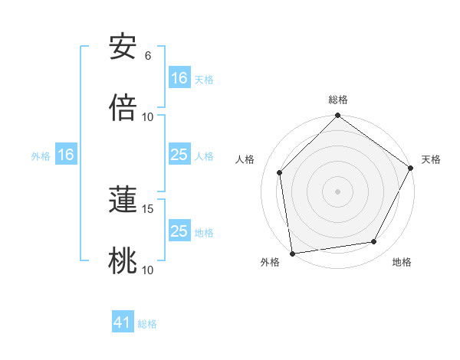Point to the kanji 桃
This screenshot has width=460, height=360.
pyautogui.click(x=123, y=260)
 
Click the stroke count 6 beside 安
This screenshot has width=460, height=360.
pyautogui.click(x=148, y=56)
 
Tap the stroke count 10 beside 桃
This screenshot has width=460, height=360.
pyautogui.click(x=148, y=270)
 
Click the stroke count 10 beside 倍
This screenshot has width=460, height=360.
pyautogui.click(x=148, y=117)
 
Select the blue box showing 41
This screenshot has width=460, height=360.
pyautogui.click(x=123, y=323)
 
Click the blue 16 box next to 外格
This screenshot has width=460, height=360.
pyautogui.click(x=66, y=155)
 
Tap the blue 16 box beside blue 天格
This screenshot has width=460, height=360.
pyautogui.click(x=179, y=78)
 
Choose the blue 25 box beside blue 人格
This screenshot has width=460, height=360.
pyautogui.click(x=179, y=155)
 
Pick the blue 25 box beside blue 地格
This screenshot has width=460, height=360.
pyautogui.click(x=179, y=231)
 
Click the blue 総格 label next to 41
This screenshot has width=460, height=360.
pyautogui.click(x=147, y=324)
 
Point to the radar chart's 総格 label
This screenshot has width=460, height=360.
pyautogui.click(x=338, y=100)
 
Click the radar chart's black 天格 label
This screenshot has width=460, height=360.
pyautogui.click(x=431, y=159)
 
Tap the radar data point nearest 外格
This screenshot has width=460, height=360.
pyautogui.click(x=292, y=253)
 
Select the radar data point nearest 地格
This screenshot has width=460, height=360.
pyautogui.click(x=374, y=241)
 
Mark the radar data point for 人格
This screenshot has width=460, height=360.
pyautogui.click(x=280, y=172)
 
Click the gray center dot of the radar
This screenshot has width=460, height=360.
pyautogui.click(x=338, y=191)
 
